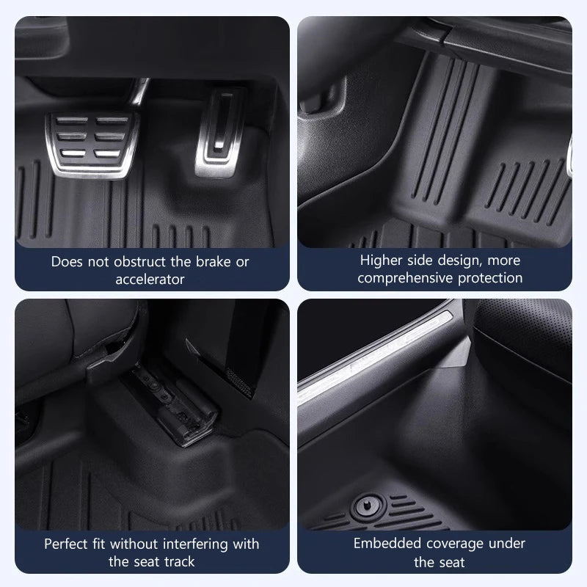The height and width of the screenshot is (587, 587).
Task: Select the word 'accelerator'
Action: pyautogui.click(x=150, y=279)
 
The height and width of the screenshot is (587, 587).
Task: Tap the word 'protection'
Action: pyautogui.click(x=491, y=278)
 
